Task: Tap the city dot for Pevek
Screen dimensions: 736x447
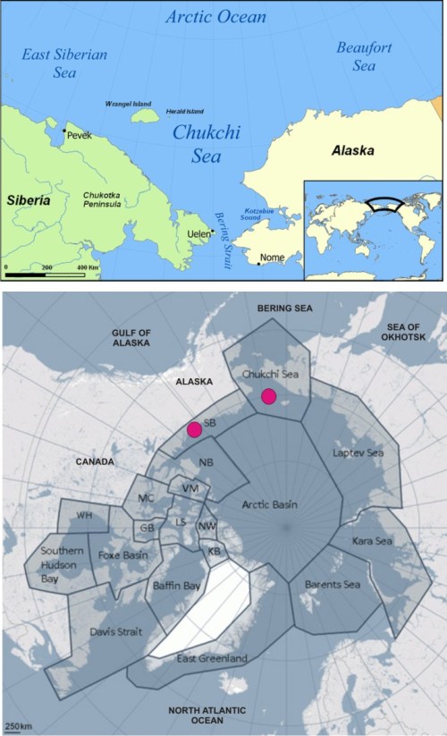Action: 64,131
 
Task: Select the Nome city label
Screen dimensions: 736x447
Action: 272,258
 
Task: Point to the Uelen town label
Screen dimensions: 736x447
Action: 198,234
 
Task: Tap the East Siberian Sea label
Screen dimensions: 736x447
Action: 64,63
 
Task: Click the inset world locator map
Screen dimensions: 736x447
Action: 373,230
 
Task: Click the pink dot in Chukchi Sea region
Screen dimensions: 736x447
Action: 267,396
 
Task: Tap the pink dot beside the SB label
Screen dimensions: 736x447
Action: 194,430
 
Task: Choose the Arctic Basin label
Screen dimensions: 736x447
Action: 269,505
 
